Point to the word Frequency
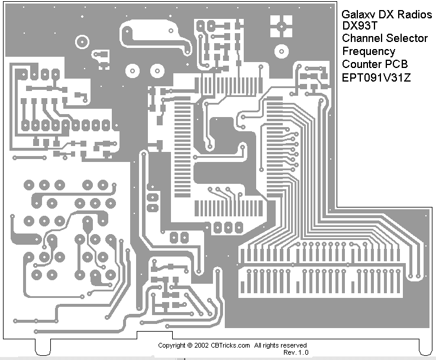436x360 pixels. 369,51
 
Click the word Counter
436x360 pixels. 361,64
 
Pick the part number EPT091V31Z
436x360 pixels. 375,76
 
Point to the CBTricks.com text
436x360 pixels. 231,345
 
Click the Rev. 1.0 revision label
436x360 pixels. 296,352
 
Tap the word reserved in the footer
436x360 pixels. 293,345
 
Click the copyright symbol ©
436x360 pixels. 189,345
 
